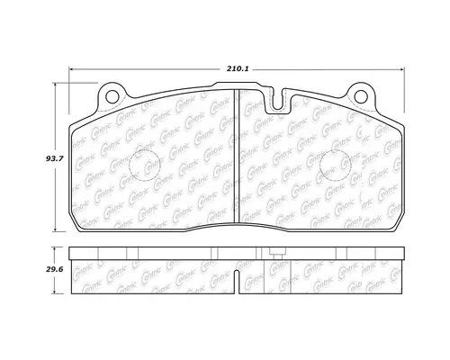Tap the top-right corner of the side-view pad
coord(400,249)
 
